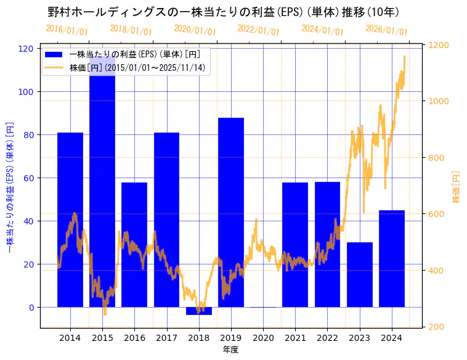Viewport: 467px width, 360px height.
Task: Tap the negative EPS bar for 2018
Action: (198, 311)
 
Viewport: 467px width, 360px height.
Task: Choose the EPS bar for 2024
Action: (392, 258)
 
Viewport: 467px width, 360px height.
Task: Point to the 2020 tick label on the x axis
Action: (263, 338)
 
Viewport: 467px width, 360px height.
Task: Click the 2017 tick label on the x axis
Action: (166, 338)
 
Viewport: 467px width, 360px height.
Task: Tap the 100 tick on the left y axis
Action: (29, 92)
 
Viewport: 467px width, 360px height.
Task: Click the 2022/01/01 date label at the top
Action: (258, 30)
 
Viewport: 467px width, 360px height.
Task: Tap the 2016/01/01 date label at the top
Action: (67, 30)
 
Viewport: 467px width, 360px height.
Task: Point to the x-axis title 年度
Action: (230, 350)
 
